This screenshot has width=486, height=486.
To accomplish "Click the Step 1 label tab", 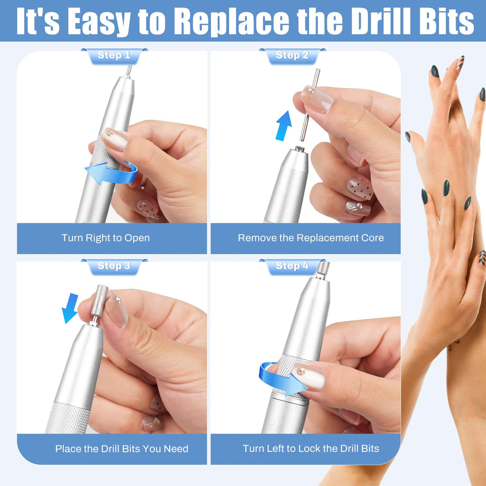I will pyautogui.click(x=114, y=56).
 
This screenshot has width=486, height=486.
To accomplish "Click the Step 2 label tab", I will pyautogui.click(x=292, y=56).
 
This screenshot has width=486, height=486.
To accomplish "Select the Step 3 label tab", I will pyautogui.click(x=114, y=266).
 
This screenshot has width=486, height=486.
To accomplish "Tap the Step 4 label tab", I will pyautogui.click(x=292, y=266).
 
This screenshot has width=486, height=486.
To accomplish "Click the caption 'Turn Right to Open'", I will pyautogui.click(x=106, y=238).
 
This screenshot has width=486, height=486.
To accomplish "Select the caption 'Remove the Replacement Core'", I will pyautogui.click(x=311, y=238).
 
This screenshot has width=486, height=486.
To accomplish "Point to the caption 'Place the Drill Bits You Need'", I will pyautogui.click(x=122, y=449).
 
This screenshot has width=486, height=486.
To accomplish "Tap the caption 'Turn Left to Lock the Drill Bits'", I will pyautogui.click(x=311, y=449).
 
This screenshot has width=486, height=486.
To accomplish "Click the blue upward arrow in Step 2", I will pyautogui.click(x=283, y=125).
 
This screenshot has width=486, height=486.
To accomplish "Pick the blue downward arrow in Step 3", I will pyautogui.click(x=71, y=307).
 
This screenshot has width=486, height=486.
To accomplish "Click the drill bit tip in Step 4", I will pyautogui.click(x=323, y=269).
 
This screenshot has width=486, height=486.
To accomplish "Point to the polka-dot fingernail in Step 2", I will pyautogui.click(x=359, y=189).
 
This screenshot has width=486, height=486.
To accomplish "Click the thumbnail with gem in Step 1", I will pyautogui.click(x=115, y=139).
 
